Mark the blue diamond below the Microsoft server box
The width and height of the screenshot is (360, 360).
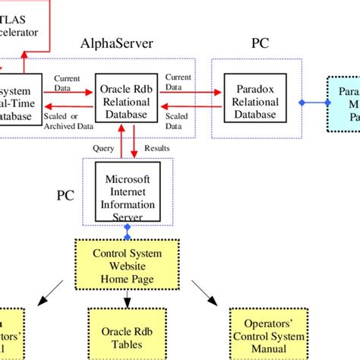128,227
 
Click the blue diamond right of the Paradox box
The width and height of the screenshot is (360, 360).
302,102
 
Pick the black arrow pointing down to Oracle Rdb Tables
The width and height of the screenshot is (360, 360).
127,294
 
